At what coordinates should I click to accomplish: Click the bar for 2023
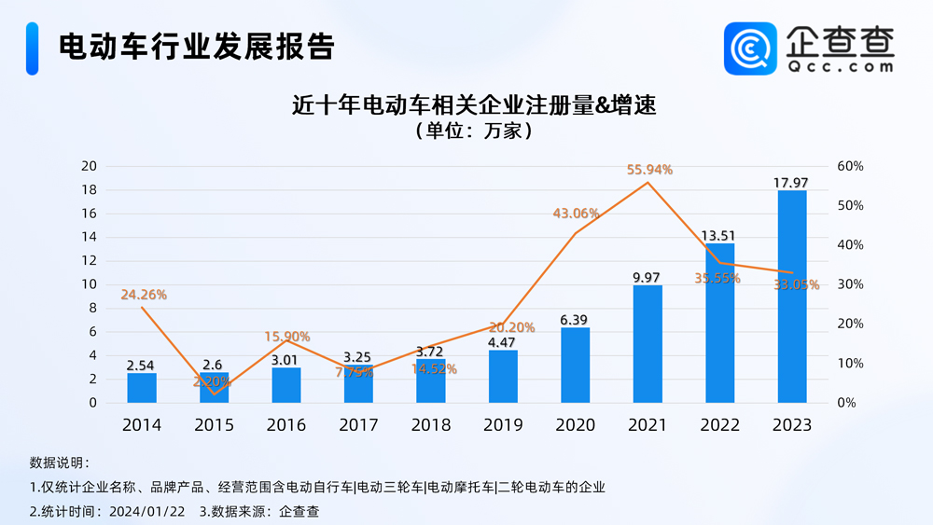pyautogui.click(x=791, y=297)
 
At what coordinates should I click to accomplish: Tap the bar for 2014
pyautogui.click(x=141, y=388)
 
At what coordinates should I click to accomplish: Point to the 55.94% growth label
pyautogui.click(x=649, y=170)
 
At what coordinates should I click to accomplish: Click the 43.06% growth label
pyautogui.click(x=576, y=214)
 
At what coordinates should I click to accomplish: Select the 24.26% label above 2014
pyautogui.click(x=144, y=295)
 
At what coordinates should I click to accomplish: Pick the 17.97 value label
pyautogui.click(x=791, y=182)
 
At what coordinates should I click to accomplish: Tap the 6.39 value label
pyautogui.click(x=575, y=319)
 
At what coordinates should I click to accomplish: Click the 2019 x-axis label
pyautogui.click(x=503, y=425)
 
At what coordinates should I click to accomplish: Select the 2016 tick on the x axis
pyautogui.click(x=285, y=425)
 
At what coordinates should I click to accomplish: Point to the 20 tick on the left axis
pyautogui.click(x=89, y=166)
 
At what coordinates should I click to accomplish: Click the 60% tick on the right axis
pyautogui.click(x=851, y=166)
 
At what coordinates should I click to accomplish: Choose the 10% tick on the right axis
pyautogui.click(x=851, y=364)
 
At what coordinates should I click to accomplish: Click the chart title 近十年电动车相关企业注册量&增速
pyautogui.click(x=474, y=104)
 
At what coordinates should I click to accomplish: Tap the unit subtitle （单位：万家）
pyautogui.click(x=474, y=131)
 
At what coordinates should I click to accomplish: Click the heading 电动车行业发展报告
pyautogui.click(x=196, y=47)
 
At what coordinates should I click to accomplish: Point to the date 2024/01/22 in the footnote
pyautogui.click(x=147, y=511)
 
